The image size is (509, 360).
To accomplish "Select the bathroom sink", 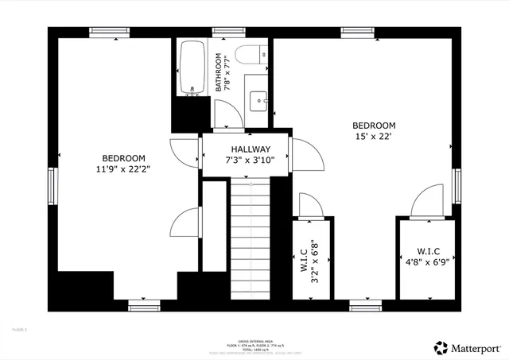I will pos(258,100).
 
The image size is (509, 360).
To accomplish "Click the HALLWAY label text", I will pos(251,149).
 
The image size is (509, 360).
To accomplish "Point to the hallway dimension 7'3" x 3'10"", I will pos(251,161).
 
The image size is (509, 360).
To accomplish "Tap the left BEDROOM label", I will pos(123,157).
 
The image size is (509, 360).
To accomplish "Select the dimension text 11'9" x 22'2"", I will pos(123,168).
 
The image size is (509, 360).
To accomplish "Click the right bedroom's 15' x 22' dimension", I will pos(374,137).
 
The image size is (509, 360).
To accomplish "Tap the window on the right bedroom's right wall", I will pos(457,184).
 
